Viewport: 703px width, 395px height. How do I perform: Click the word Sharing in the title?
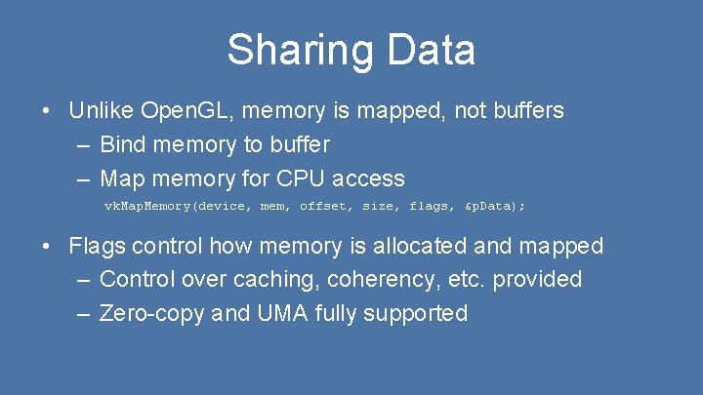click(x=289, y=51)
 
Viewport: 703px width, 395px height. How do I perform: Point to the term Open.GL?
click(x=187, y=110)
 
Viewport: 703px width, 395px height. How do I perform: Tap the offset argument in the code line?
click(x=321, y=206)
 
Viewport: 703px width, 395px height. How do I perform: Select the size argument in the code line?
click(x=378, y=206)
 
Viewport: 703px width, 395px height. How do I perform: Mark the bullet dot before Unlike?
click(x=48, y=110)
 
